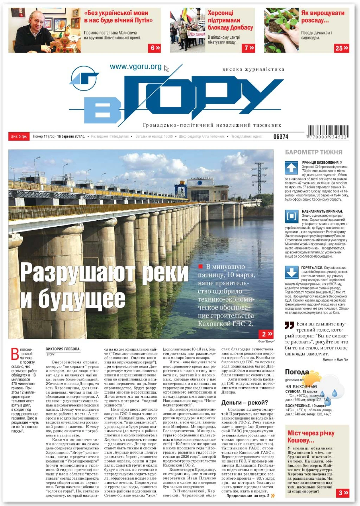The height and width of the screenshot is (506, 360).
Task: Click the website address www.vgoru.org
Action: coord(136,67)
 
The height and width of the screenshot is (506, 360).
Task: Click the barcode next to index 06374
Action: coord(328,132)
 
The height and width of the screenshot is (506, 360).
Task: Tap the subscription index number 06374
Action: coord(280,137)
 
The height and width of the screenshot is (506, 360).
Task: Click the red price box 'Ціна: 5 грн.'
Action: coord(19,136)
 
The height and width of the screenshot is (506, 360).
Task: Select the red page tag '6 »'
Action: coord(155,48)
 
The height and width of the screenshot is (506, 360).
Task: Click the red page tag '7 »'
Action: coord(249,48)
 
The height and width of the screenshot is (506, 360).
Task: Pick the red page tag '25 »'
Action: coord(342,48)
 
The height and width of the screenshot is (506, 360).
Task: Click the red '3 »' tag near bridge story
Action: coord(343,493)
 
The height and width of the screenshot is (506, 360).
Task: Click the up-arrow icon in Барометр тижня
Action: coord(291,168)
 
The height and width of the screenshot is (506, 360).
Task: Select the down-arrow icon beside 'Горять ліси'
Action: coord(291,272)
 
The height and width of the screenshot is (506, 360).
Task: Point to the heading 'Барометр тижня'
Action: coord(313,152)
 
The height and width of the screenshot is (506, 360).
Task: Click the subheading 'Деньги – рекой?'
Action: coord(244,403)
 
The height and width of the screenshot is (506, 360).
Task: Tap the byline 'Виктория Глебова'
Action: coord(63,349)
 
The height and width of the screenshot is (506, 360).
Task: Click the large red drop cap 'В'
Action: coord(15,354)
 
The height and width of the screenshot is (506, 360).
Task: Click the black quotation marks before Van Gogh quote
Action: coord(289,325)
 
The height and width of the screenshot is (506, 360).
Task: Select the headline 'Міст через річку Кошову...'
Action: coord(311,437)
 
